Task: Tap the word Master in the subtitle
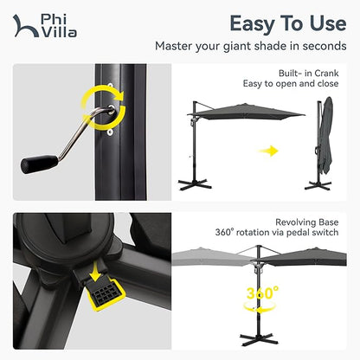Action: pos(176,46)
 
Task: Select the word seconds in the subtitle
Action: pos(321,46)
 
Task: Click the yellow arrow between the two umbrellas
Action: pos(270,151)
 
